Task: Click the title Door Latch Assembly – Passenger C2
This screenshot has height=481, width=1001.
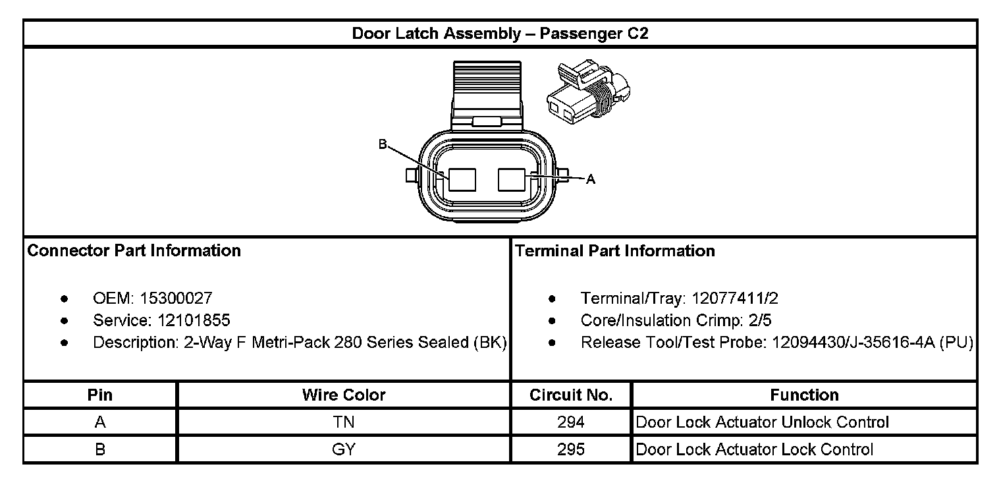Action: tap(500, 34)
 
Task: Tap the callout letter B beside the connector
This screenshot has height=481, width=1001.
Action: tap(382, 144)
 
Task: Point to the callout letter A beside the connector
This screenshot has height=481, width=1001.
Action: tap(591, 179)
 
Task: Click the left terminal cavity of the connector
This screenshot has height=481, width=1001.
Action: tap(462, 179)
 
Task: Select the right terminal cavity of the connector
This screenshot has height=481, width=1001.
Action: tap(512, 179)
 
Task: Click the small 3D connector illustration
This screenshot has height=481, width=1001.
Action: tap(588, 94)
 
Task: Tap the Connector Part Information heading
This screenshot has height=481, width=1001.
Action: tap(134, 251)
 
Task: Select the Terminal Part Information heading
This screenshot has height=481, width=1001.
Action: tap(614, 251)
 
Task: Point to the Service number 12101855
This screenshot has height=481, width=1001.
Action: tap(194, 320)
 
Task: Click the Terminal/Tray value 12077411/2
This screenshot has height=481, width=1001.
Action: tap(735, 298)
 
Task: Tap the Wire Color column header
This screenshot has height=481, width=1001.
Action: tap(344, 395)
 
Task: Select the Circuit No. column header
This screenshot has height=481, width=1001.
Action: tap(571, 395)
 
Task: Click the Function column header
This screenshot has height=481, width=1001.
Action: tap(804, 395)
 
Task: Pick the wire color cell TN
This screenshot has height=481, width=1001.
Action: tap(344, 422)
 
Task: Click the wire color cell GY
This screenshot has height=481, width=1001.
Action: tap(344, 449)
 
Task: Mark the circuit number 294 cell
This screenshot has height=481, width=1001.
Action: tap(570, 422)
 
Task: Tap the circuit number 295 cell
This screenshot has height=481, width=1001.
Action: tap(570, 449)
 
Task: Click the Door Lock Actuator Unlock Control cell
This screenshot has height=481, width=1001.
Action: tap(763, 422)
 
